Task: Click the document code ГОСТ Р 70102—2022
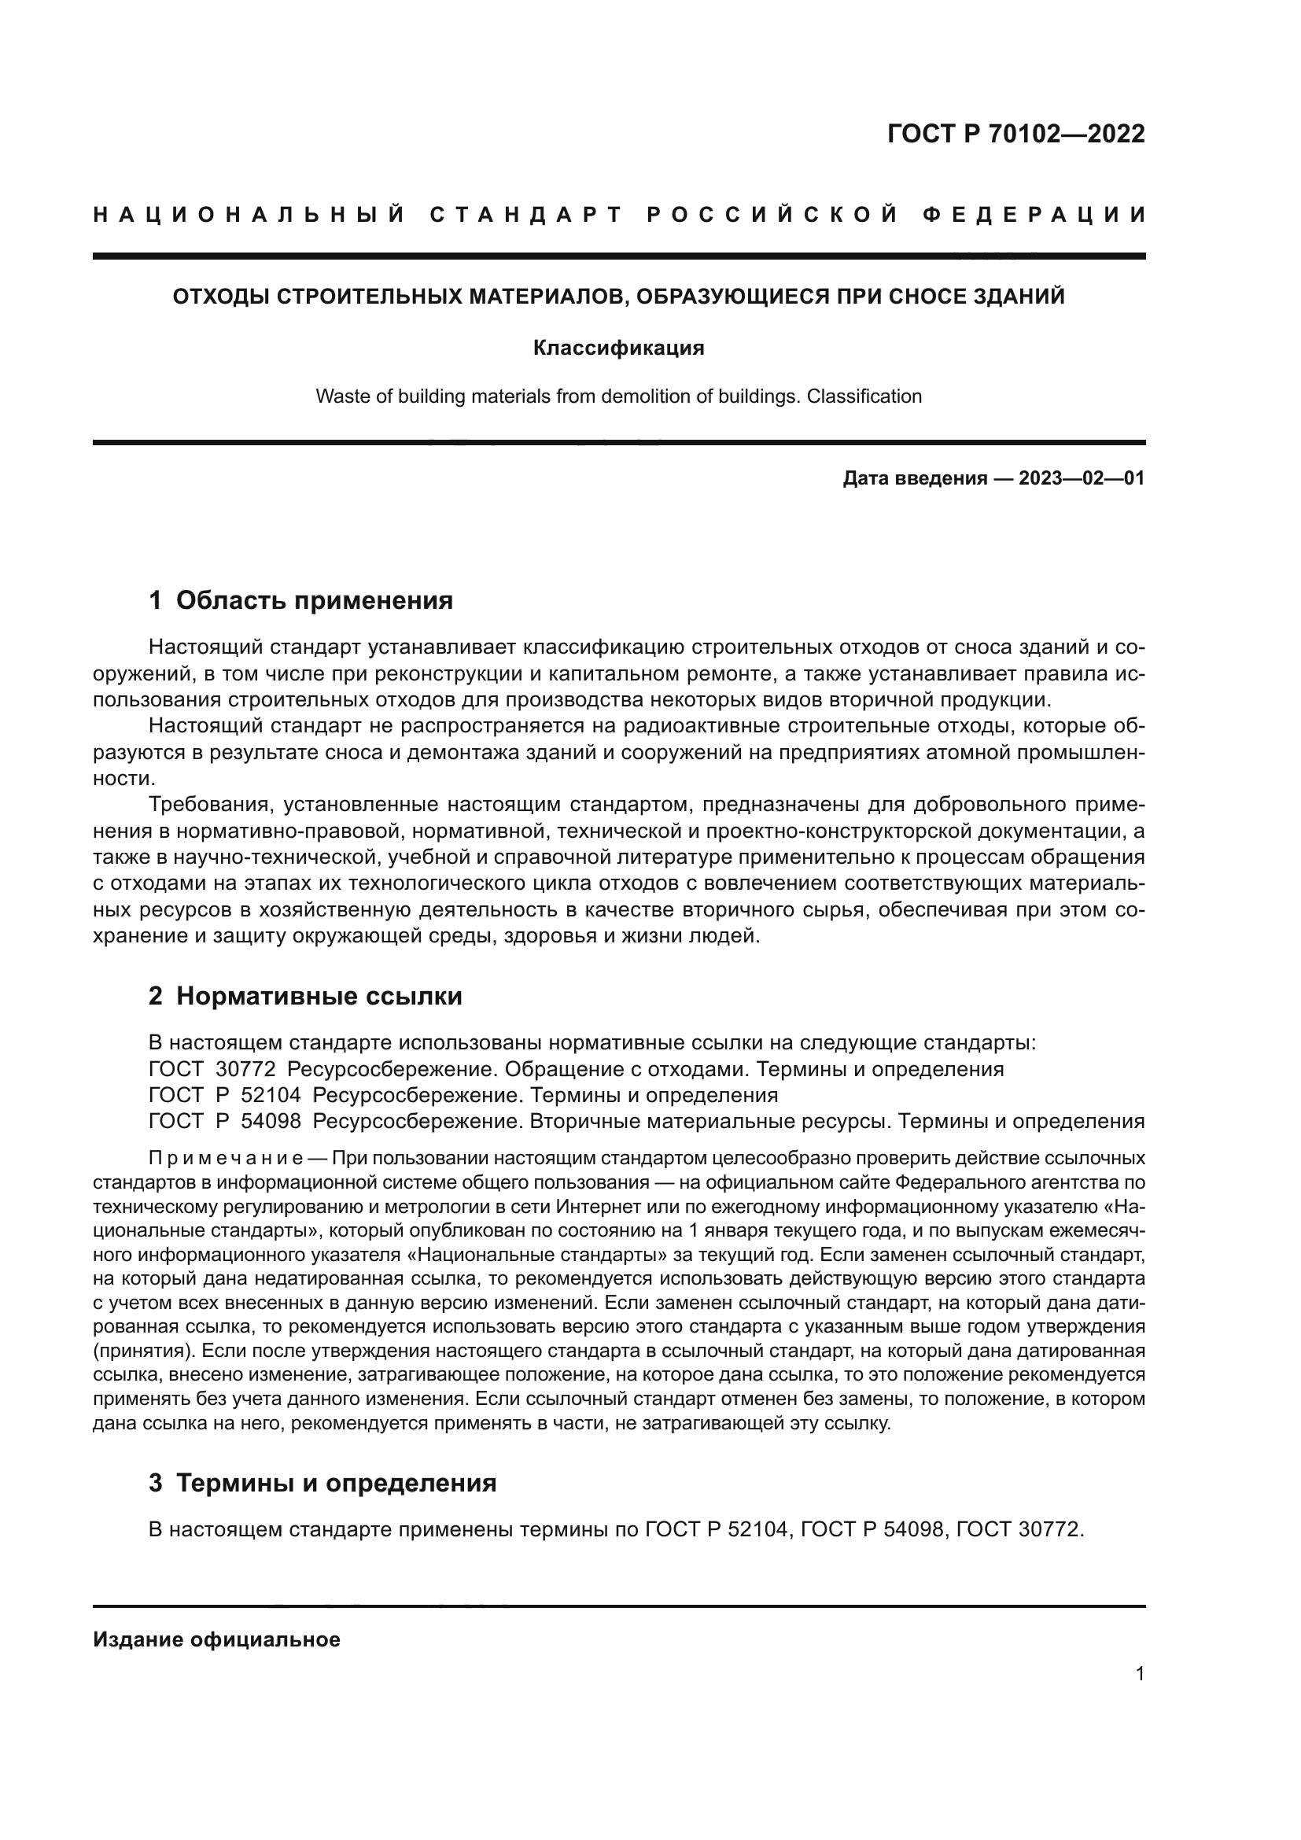tap(1015, 134)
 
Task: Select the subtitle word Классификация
tap(618, 348)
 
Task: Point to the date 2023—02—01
tap(1081, 479)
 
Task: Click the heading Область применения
tap(314, 600)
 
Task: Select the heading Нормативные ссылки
tap(319, 996)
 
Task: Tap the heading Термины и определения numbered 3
tap(336, 1484)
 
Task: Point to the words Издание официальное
tap(216, 1639)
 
